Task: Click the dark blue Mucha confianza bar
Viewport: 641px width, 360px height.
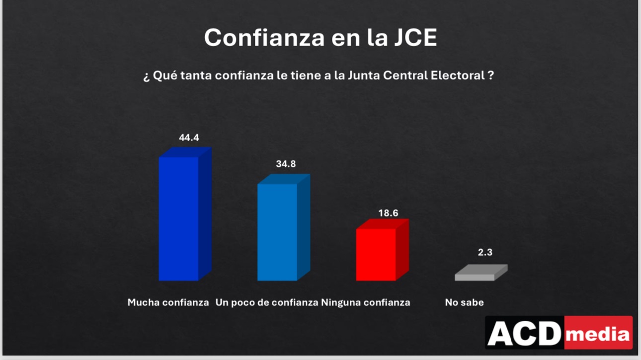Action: (x=179, y=218)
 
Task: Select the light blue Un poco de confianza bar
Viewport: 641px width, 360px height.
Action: (x=277, y=232)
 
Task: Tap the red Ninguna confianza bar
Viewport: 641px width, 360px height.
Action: (x=376, y=254)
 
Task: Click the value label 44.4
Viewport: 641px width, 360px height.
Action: (x=189, y=138)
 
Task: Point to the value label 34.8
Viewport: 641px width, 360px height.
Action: (x=286, y=164)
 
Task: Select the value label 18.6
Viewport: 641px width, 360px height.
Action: (x=388, y=213)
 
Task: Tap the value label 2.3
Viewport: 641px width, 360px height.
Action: (x=485, y=252)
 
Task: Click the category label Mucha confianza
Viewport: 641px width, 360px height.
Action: (x=168, y=302)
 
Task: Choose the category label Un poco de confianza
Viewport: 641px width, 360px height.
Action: (x=267, y=302)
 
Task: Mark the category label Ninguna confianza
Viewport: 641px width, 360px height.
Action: (x=366, y=302)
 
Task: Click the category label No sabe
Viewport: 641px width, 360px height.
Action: (x=464, y=302)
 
